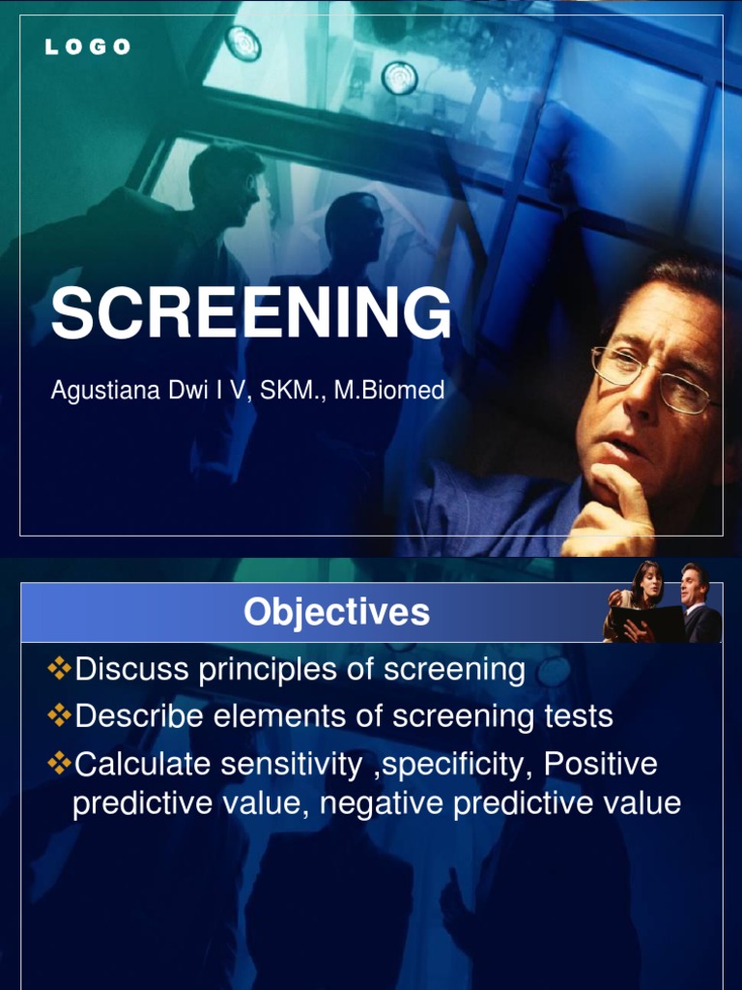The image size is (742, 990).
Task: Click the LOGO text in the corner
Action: point(87,47)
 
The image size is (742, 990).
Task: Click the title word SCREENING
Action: point(251,314)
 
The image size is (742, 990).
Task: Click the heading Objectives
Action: point(336,612)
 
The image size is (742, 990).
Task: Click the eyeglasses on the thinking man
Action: point(651,378)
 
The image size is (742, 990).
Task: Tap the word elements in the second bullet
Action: point(292,716)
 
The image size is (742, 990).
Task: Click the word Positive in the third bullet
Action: point(600,764)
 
